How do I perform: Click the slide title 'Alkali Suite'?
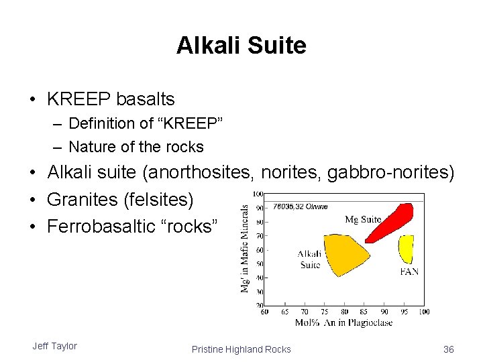point(241,46)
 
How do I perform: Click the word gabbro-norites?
point(390,173)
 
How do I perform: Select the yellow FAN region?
point(406,248)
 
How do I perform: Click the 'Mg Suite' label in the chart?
point(363,219)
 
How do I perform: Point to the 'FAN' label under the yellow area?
point(409,272)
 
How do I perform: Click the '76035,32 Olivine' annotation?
point(300,206)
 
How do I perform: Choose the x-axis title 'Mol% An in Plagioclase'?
point(343,323)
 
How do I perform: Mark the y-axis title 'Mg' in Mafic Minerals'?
point(245,248)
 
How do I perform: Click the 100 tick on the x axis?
point(424,312)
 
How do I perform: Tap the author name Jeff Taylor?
point(54,346)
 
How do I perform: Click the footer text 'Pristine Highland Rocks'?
point(241,349)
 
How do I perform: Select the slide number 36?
point(448,349)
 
